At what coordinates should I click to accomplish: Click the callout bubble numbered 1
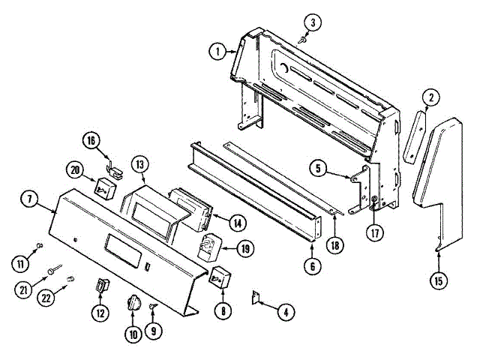(217, 51)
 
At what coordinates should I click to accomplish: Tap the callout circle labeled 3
(315, 22)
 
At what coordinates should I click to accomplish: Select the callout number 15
(439, 281)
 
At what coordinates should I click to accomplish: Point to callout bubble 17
(374, 232)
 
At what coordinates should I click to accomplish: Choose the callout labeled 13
(139, 164)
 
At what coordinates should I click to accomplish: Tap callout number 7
(28, 200)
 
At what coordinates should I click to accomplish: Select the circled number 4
(283, 312)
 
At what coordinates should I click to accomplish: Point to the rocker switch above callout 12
(101, 285)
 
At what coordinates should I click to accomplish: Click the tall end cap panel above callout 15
(436, 180)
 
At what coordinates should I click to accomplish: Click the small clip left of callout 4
(255, 298)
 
